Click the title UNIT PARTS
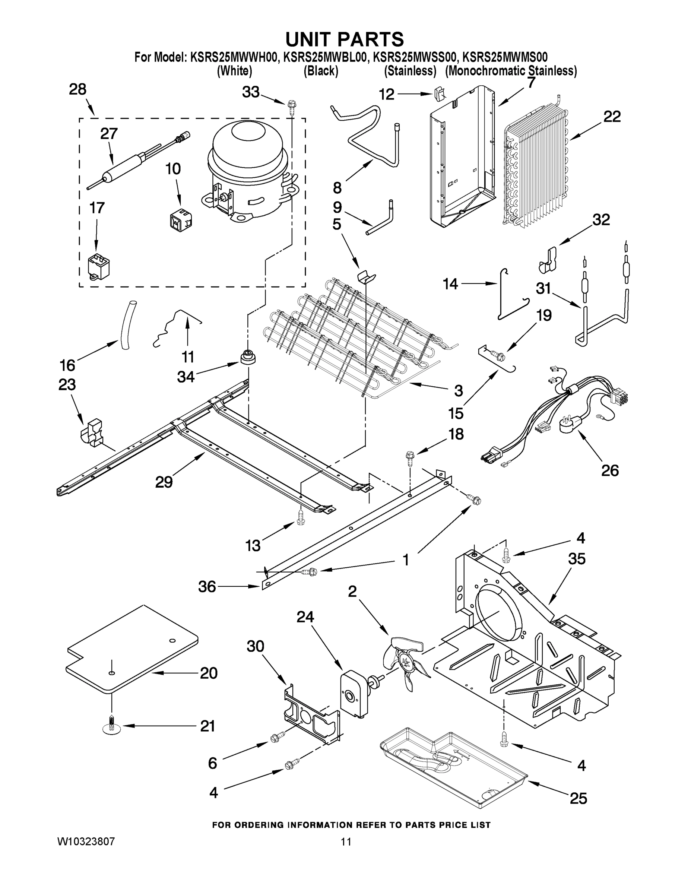344,40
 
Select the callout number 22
612,117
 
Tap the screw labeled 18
409,458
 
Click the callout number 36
207,587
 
